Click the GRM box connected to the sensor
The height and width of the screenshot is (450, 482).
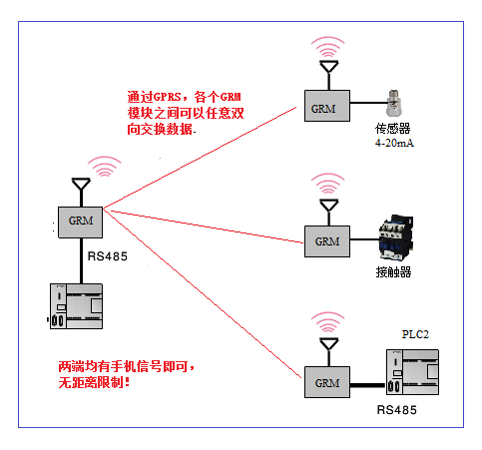327,106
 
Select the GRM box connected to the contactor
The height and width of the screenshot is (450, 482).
327,241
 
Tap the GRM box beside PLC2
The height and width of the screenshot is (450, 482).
327,382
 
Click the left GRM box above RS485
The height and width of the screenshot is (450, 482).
80,223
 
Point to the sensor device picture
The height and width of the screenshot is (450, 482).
394,103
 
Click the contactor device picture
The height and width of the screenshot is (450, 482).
396,237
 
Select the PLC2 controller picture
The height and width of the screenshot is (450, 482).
412,372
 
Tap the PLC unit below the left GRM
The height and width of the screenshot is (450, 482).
76,306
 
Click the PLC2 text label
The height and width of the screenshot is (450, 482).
415,334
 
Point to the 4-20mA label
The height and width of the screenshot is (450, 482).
394,143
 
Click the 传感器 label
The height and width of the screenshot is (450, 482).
393,129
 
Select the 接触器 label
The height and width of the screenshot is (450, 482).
394,272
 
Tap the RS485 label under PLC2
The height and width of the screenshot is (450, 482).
397,410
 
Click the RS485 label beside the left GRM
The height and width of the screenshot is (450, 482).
108,256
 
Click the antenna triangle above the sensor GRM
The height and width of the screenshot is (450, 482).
329,67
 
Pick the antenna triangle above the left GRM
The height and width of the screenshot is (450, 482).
81,185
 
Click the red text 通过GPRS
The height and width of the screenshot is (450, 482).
154,97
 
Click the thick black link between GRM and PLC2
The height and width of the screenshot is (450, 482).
368,385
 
